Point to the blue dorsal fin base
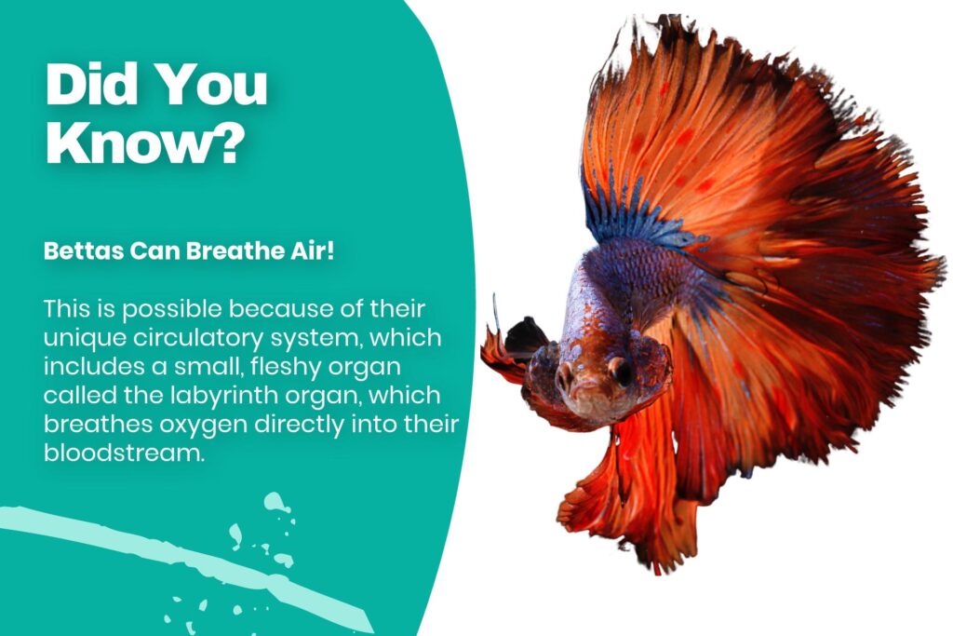633,219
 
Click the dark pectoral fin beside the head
524,337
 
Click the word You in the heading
209,86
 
